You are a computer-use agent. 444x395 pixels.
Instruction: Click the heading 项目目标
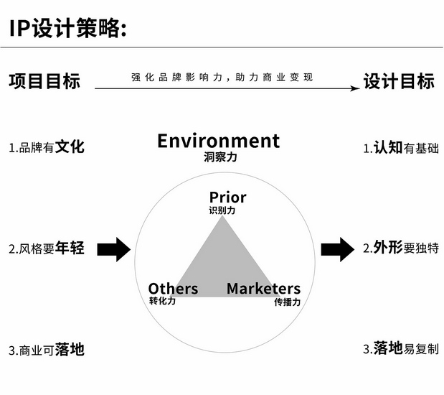coord(44,80)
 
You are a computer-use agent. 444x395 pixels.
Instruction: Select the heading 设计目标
coord(399,80)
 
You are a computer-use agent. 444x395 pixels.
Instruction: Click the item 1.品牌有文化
coord(47,147)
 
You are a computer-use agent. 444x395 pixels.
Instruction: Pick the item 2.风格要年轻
coord(47,249)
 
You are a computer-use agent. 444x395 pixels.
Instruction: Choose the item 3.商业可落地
coord(47,350)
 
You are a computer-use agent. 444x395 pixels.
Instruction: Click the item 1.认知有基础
coord(400,148)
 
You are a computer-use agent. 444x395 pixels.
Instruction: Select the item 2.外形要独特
coord(400,249)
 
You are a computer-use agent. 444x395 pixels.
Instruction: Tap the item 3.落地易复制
coord(400,349)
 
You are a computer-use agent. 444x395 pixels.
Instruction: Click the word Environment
coord(219,141)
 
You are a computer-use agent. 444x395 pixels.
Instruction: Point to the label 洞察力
coord(219,157)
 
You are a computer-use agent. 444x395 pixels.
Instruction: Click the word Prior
coord(228,197)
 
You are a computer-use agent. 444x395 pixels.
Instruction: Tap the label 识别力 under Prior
coord(222,211)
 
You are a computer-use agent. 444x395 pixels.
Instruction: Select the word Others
coord(173,289)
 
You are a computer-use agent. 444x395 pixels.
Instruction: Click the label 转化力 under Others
coord(162,302)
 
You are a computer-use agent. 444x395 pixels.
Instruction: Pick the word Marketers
coord(263,289)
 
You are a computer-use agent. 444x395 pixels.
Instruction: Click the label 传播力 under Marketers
coord(287,302)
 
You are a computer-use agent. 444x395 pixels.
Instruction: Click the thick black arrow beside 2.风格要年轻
coord(113,249)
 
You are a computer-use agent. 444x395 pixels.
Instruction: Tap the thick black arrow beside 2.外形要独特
coord(336,249)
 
